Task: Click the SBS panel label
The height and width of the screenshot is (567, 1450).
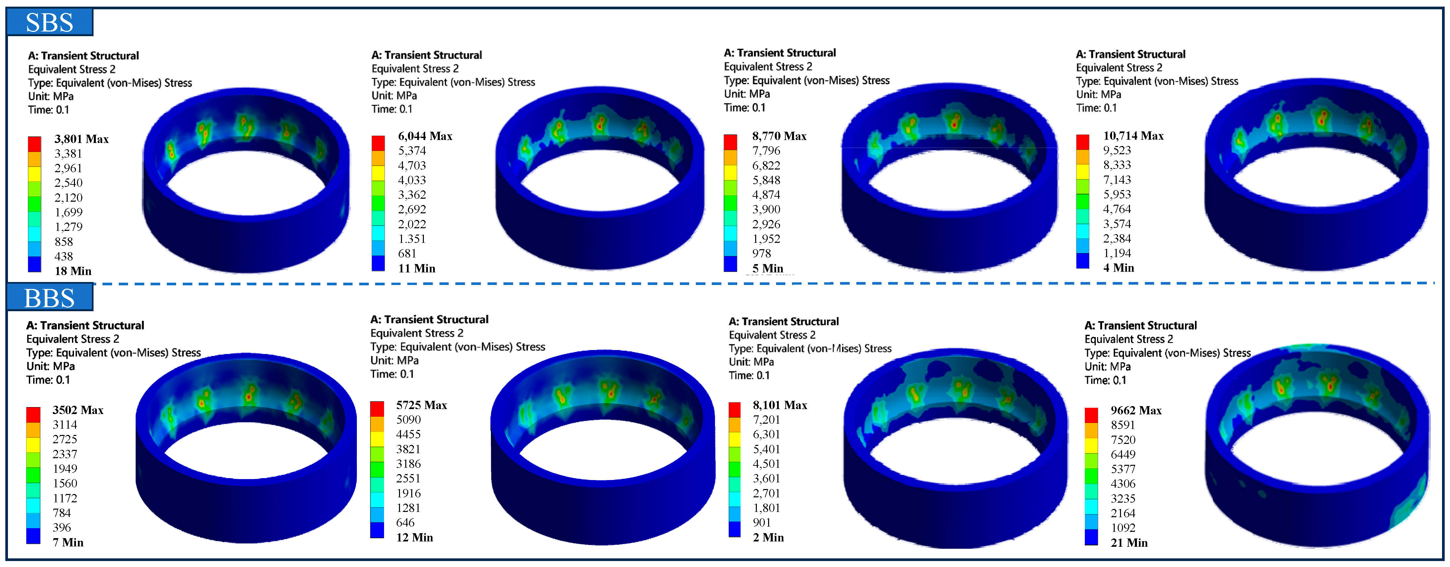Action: (x=49, y=23)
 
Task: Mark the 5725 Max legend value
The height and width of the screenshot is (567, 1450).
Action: (x=422, y=405)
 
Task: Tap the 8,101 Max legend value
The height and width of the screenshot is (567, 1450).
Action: (x=780, y=405)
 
